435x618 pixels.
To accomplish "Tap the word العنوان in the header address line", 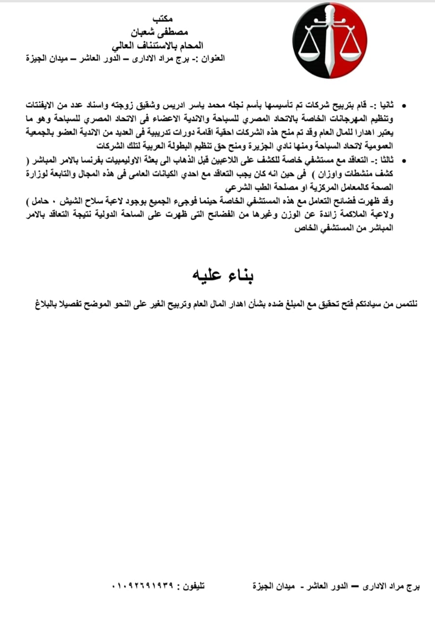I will [x=210, y=59].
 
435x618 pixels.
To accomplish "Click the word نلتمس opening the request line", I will [x=407, y=304].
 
